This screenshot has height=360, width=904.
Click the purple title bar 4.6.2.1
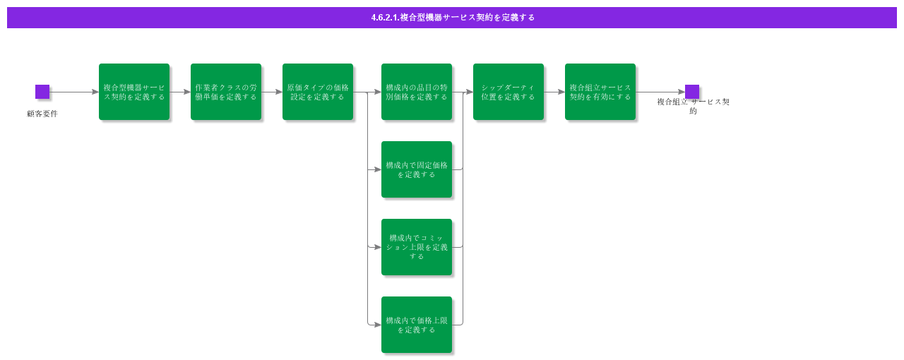coord(452,18)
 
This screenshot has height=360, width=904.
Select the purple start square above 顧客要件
coord(42,92)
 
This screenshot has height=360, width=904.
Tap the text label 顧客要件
coord(42,114)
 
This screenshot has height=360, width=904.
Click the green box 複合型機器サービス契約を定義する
coord(134,92)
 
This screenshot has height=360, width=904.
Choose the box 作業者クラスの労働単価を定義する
coord(226,92)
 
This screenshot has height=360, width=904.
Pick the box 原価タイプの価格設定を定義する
coord(318,92)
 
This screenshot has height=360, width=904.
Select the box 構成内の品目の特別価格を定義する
coord(417,92)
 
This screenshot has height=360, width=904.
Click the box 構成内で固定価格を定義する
coord(417,169)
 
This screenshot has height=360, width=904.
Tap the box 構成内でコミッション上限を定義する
coord(417,247)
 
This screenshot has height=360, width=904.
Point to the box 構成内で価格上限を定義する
coord(417,325)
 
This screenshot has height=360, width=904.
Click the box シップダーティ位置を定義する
coord(509,92)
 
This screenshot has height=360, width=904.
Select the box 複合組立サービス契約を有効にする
coord(600,92)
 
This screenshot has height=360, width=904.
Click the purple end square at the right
coord(692,92)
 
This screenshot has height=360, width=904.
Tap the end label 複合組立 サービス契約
coord(693,106)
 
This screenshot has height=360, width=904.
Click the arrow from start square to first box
coord(74,92)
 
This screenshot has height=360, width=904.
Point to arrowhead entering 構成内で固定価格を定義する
coord(378,169)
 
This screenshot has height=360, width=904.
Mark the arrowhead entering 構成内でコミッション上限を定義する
coord(378,247)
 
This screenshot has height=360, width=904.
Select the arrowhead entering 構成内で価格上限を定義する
coord(378,325)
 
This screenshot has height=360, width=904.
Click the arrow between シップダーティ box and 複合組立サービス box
coord(554,92)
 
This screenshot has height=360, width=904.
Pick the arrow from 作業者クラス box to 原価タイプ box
coord(272,92)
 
